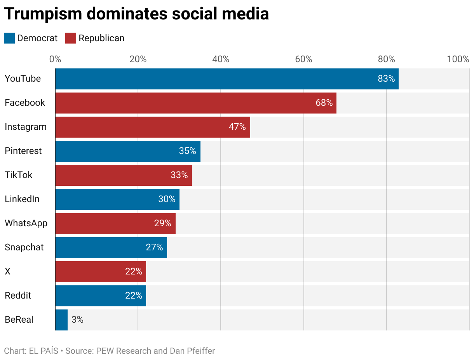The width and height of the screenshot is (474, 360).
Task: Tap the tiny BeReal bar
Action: (x=61, y=320)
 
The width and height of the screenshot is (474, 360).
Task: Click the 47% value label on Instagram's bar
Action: (x=237, y=127)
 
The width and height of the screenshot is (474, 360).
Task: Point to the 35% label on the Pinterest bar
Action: (x=187, y=151)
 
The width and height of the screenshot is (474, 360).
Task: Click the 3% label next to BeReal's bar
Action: (x=77, y=320)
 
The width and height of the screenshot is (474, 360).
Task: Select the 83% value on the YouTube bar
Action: (x=386, y=79)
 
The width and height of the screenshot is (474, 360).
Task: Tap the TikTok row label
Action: (x=19, y=175)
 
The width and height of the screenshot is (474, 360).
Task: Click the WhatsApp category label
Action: (x=26, y=224)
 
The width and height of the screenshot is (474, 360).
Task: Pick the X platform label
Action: (x=7, y=272)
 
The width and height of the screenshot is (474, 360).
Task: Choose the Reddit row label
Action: (x=18, y=296)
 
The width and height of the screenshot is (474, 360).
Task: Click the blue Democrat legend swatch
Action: (x=9, y=38)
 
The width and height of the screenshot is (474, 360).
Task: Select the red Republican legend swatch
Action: (x=71, y=38)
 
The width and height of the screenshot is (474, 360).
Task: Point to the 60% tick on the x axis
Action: (x=303, y=59)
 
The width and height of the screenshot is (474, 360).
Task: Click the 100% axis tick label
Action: (x=458, y=59)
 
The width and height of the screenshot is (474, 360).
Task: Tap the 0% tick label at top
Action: (x=55, y=59)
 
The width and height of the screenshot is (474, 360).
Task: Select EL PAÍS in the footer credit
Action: (x=44, y=351)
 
